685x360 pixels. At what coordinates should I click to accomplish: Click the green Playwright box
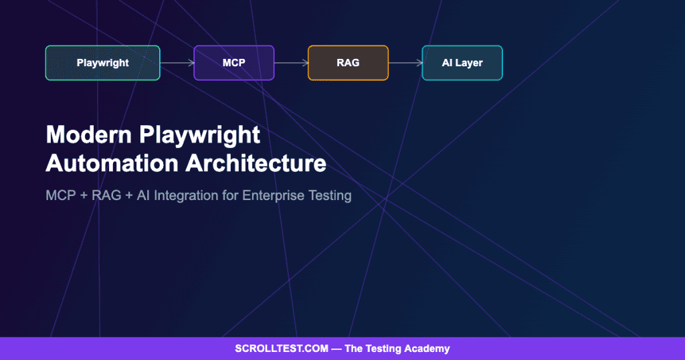[102, 63]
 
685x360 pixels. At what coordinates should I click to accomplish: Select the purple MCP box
[233, 63]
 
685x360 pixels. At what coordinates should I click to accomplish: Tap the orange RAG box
[348, 63]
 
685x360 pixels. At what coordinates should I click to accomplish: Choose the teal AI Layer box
[462, 63]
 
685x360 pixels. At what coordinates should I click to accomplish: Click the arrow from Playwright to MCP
[177, 63]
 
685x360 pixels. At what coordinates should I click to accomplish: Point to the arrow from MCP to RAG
[291, 63]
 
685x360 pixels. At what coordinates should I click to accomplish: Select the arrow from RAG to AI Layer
[405, 63]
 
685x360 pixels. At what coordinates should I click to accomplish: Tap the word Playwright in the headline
[200, 134]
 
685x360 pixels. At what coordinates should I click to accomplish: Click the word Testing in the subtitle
[329, 196]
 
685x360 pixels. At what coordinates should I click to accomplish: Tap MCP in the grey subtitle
[60, 196]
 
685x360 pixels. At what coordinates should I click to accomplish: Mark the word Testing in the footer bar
[385, 349]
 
